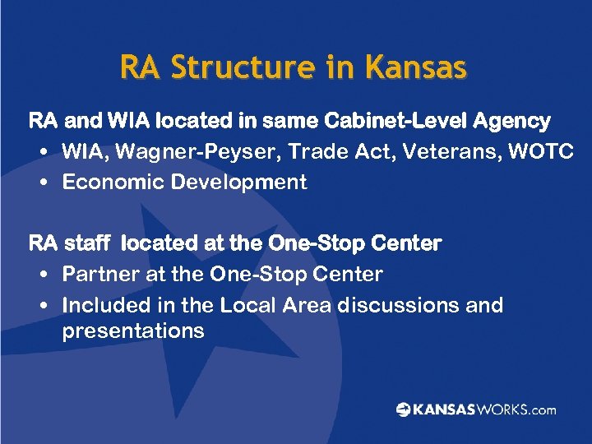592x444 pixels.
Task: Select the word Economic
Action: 113,183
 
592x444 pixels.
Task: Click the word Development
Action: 238,183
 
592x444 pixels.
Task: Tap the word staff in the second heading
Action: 90,243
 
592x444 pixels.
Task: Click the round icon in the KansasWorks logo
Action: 403,409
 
